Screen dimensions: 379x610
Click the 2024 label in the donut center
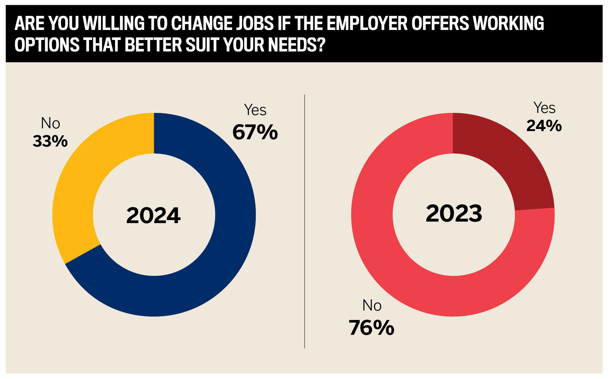click(153, 216)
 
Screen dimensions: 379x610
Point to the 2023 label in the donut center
click(454, 213)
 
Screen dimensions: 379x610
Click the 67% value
click(255, 132)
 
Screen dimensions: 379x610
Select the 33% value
click(50, 141)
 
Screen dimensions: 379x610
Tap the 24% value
click(544, 126)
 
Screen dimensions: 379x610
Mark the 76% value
click(371, 328)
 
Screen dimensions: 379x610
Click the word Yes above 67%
click(255, 110)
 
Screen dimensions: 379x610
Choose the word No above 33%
click(51, 124)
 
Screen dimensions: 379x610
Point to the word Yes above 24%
click(544, 108)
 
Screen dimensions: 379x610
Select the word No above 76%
click(372, 305)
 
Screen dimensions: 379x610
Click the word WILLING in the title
click(114, 23)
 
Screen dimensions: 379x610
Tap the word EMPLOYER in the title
click(367, 23)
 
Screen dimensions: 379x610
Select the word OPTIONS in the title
click(47, 45)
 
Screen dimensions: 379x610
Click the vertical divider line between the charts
click(305, 221)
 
